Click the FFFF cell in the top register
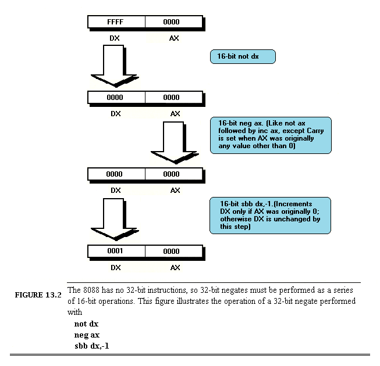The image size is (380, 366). click(116, 22)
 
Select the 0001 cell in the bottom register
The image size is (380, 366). click(116, 252)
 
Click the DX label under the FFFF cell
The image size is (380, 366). click(116, 38)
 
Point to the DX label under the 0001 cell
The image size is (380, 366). click(116, 267)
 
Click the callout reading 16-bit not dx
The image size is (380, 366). click(242, 57)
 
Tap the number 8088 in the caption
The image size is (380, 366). click(92, 290)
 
